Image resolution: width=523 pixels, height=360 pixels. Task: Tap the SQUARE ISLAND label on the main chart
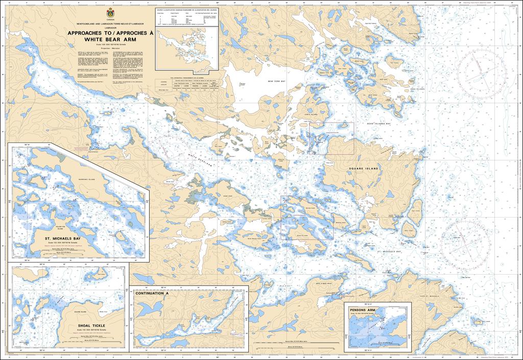(x=364, y=168)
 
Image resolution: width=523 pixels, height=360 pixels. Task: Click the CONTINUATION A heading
(x=152, y=295)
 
